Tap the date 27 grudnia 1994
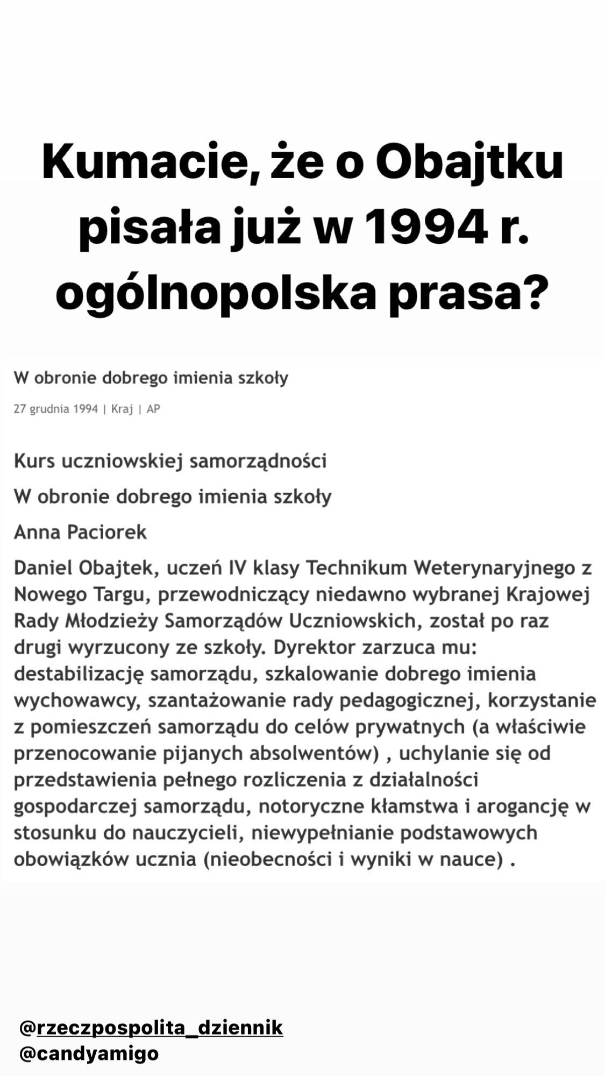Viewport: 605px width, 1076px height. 56,409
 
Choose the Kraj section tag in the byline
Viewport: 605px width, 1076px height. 122,409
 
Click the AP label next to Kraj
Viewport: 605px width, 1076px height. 153,409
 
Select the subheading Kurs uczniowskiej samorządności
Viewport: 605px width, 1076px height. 170,462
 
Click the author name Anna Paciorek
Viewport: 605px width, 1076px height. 80,532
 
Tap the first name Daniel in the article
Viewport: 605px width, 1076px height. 43,568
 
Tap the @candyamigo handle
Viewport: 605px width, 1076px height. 89,1053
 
